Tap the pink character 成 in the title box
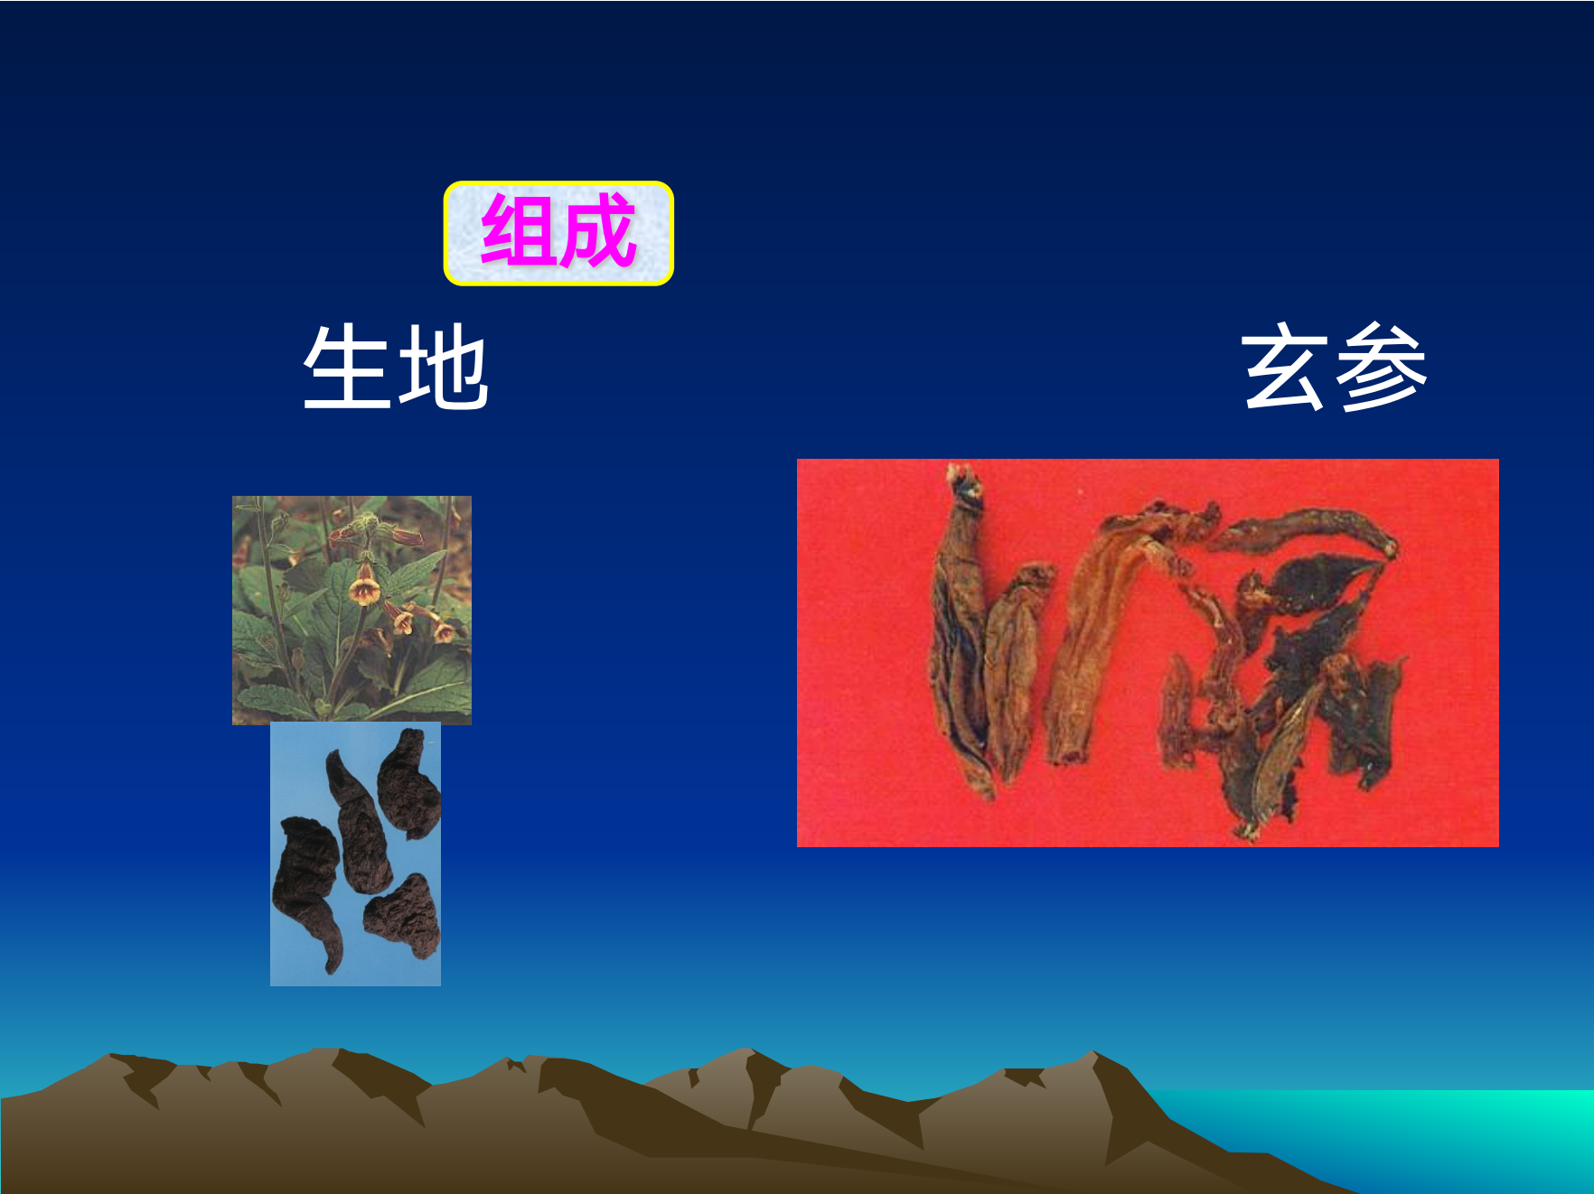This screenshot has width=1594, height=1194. (x=597, y=231)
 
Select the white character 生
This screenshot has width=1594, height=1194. (x=347, y=367)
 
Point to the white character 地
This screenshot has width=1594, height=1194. (x=444, y=367)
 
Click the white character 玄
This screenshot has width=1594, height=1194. (x=1284, y=367)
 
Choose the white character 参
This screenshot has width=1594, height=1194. (x=1381, y=367)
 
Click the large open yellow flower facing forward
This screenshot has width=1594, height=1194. (x=364, y=586)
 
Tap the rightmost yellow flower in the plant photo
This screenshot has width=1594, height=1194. (x=443, y=630)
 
